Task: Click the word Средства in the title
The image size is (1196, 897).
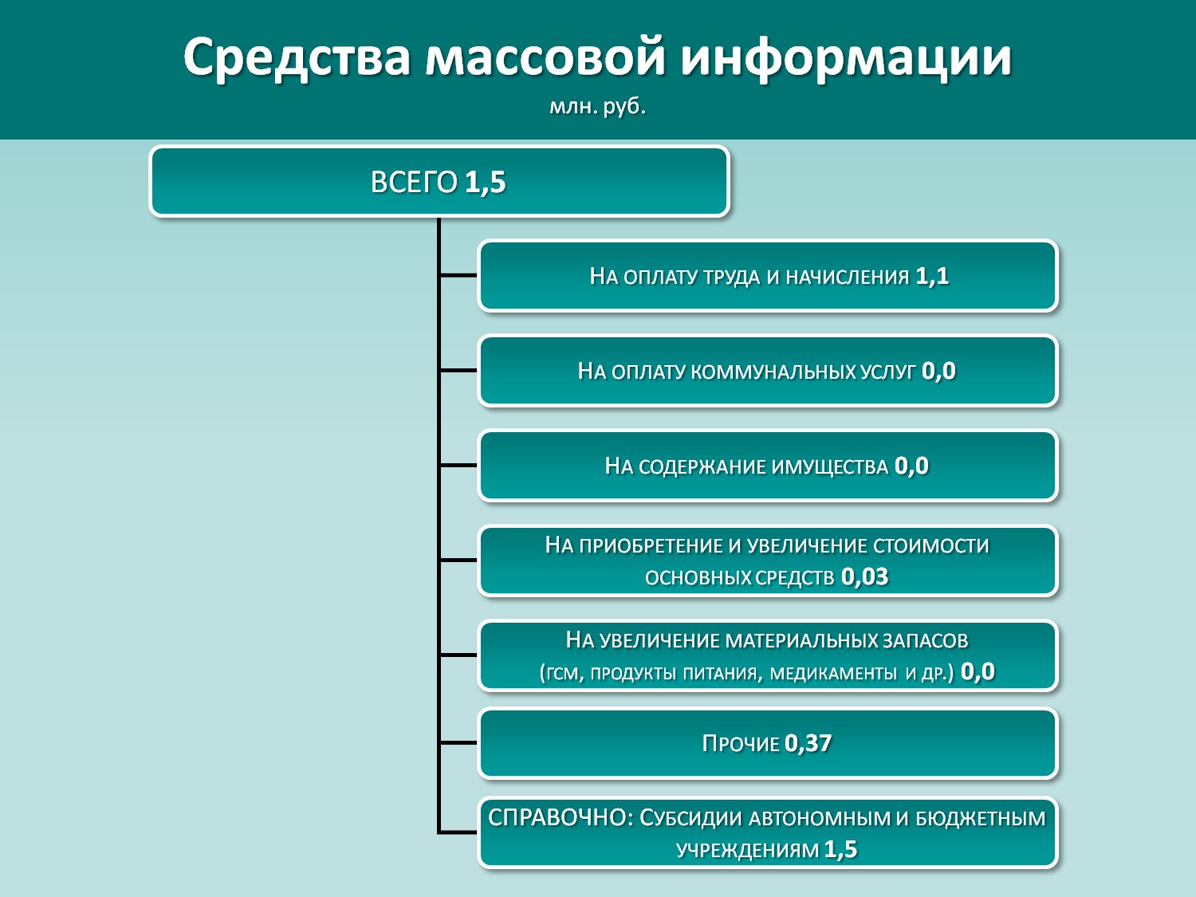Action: (297, 58)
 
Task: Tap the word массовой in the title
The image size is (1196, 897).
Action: (545, 58)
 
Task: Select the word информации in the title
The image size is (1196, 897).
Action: (846, 58)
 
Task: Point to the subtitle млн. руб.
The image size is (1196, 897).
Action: (597, 106)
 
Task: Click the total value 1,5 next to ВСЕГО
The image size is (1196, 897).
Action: (486, 182)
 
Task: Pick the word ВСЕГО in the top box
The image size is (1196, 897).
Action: (414, 182)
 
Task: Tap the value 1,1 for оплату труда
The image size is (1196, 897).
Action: (932, 276)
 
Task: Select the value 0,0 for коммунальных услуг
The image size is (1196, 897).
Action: (938, 371)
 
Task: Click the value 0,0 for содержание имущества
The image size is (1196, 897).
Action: (911, 466)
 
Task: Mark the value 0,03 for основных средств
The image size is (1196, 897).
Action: (865, 576)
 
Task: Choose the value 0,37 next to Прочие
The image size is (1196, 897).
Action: (808, 743)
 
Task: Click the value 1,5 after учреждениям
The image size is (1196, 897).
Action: (840, 849)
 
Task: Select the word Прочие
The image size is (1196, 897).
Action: (741, 743)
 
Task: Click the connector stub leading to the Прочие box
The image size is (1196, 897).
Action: (458, 742)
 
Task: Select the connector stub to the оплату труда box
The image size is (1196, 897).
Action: (458, 276)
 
